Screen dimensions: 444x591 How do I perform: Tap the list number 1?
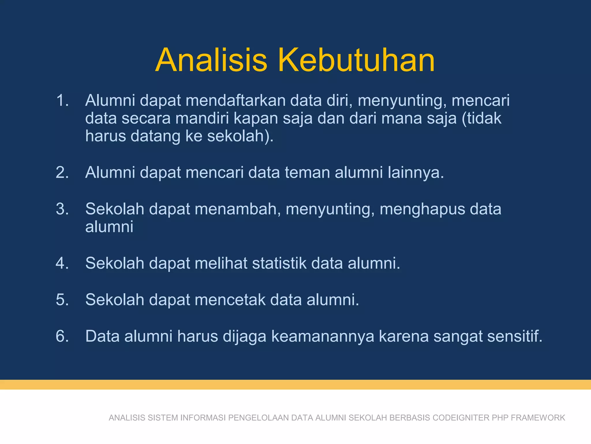[62, 100]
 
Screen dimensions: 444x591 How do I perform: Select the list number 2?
[62, 172]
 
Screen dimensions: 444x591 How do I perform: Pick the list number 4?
[62, 263]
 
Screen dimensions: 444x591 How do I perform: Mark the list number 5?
[62, 299]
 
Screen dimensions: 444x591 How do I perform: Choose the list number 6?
[62, 336]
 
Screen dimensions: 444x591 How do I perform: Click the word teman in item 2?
[307, 172]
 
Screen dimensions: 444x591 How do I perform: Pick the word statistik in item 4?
[279, 263]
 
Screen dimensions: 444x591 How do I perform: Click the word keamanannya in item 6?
[323, 336]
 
